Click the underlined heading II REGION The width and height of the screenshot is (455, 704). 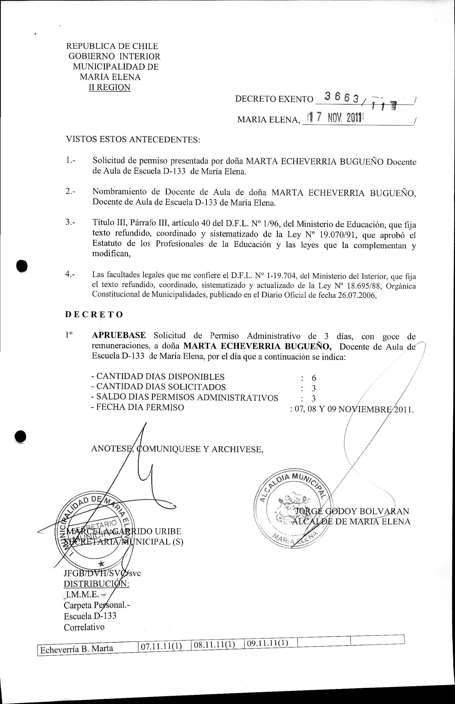click(109, 87)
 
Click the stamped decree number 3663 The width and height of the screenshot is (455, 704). click(342, 96)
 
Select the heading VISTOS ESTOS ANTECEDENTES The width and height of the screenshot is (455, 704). click(133, 139)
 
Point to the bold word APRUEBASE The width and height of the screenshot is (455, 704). click(119, 335)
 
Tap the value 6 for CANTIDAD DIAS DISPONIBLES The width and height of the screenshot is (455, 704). click(314, 378)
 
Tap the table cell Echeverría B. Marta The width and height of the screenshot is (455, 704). click(77, 657)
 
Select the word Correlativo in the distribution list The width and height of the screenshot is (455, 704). click(84, 627)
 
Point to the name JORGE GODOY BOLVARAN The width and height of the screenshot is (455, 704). click(352, 511)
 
